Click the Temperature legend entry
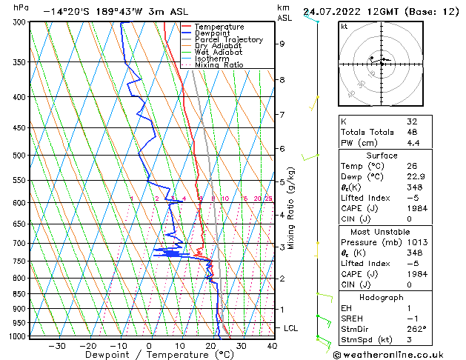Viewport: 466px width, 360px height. tap(219, 27)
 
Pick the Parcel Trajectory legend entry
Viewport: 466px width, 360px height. tap(228, 39)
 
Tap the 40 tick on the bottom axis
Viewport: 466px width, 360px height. tap(272, 345)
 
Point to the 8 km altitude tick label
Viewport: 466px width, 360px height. tap(282, 79)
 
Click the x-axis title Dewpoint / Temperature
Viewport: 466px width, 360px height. tap(150, 355)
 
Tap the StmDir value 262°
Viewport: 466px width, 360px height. tap(416, 329)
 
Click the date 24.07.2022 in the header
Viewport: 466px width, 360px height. tap(340, 11)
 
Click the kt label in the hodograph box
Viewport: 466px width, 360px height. tap(344, 26)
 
